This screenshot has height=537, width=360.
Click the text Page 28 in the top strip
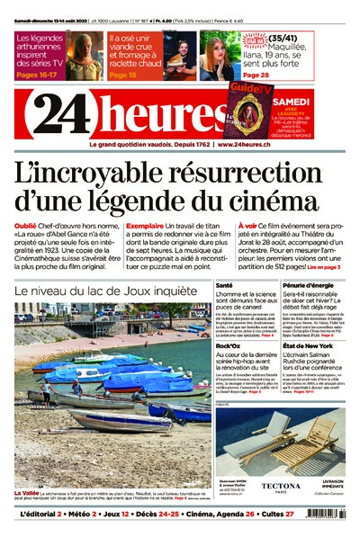point(256,76)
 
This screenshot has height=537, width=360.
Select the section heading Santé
point(225,284)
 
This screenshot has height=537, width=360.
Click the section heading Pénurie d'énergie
point(308,284)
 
